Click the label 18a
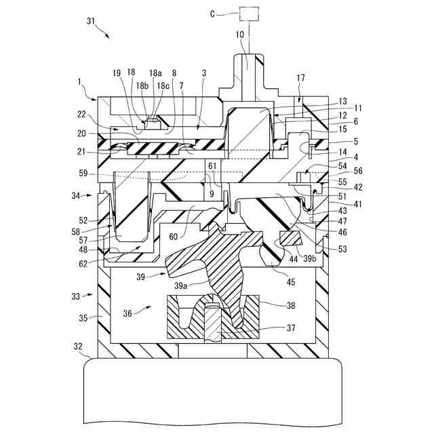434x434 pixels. (155, 73)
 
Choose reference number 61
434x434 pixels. (213, 165)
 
